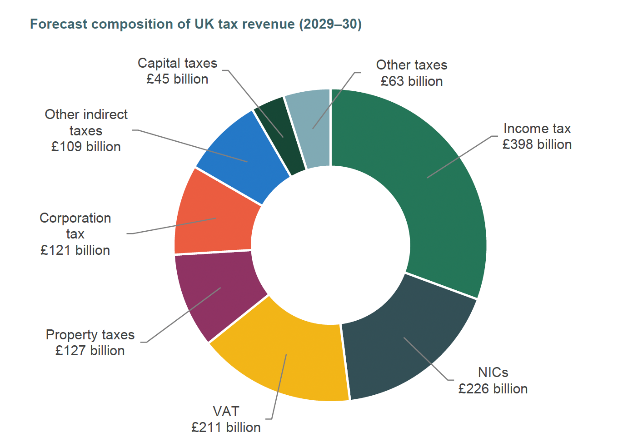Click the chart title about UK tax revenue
pyautogui.click(x=195, y=24)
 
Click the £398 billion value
pyautogui.click(x=537, y=144)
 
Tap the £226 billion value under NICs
pyautogui.click(x=493, y=389)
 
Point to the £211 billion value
pyautogui.click(x=226, y=427)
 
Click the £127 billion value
pyautogui.click(x=90, y=351)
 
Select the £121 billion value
pyautogui.click(x=75, y=250)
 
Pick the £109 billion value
pyautogui.click(x=86, y=147)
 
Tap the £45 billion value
pyautogui.click(x=177, y=79)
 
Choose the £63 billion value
pyautogui.click(x=412, y=81)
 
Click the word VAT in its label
pyautogui.click(x=226, y=411)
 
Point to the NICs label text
pyautogui.click(x=493, y=372)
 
